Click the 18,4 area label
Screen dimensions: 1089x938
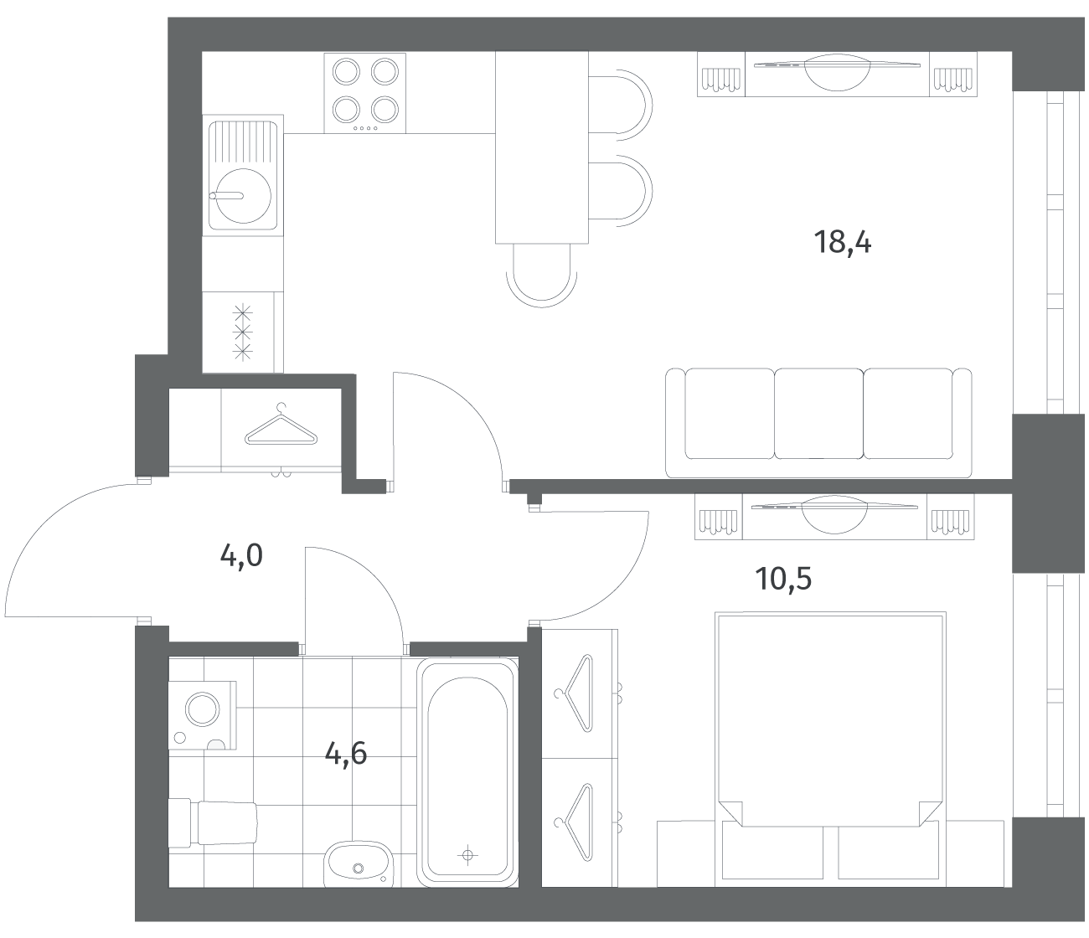843,243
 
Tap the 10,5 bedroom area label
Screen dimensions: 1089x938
783,579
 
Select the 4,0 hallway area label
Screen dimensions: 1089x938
241,556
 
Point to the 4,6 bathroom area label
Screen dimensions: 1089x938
346,755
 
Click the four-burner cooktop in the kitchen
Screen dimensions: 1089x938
365,93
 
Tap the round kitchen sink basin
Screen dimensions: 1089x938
243,195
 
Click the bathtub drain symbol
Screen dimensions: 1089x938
467,855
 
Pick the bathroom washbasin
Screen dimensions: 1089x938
358,864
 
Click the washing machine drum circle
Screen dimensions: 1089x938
203,709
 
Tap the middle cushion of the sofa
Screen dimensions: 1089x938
818,414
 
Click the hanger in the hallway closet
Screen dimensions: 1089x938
281,425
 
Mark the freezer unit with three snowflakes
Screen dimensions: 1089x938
243,332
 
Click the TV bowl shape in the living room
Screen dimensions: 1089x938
837,73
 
